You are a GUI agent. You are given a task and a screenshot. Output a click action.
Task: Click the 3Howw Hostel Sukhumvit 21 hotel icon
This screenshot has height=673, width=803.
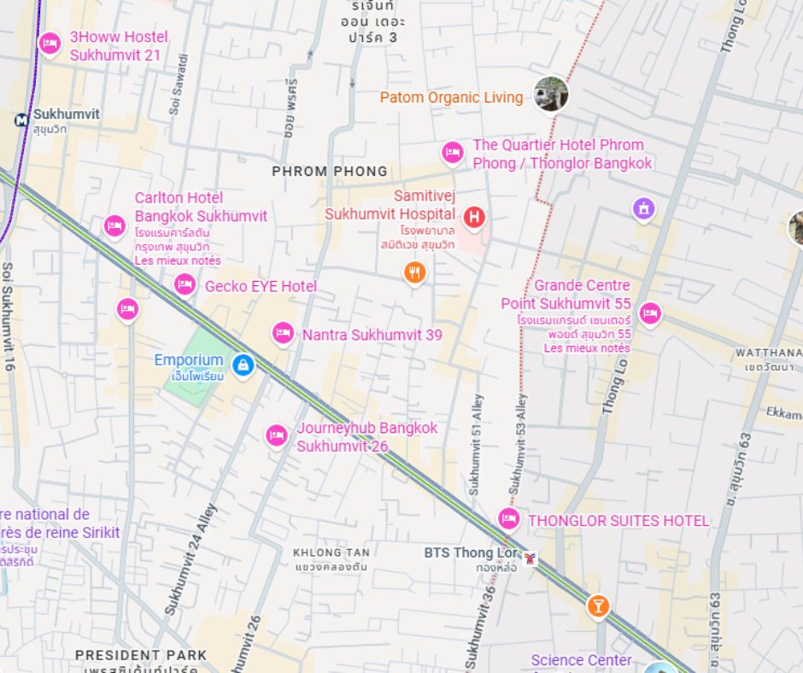[50, 44]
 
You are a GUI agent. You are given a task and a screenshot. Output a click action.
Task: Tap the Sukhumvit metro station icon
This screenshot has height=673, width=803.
[21, 120]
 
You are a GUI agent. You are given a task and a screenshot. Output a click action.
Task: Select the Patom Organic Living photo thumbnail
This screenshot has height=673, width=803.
[551, 94]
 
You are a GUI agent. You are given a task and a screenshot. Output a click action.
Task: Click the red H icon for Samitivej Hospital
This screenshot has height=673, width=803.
[474, 219]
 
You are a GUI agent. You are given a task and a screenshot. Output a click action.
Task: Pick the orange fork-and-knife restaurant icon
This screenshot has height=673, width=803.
[414, 272]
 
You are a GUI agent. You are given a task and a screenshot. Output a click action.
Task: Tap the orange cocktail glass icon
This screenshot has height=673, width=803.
[598, 606]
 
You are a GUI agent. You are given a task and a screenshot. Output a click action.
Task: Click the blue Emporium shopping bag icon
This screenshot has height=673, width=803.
[243, 366]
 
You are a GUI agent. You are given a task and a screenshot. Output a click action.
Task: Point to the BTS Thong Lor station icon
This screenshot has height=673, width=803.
[530, 559]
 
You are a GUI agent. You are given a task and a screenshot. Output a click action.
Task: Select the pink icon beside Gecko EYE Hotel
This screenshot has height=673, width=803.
[185, 285]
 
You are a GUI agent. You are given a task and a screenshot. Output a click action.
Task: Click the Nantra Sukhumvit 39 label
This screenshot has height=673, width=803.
[372, 335]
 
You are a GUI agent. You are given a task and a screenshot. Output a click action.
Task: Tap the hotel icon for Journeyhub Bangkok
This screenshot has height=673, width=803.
[276, 436]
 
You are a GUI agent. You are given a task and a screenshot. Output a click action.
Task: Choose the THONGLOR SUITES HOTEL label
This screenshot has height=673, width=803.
[618, 520]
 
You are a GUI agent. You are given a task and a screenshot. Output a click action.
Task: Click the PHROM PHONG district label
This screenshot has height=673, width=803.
[330, 172]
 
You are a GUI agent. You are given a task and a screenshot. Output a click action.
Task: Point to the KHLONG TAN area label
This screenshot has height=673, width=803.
[331, 553]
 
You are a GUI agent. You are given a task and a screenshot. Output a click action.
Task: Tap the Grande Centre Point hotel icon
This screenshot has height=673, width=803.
[650, 313]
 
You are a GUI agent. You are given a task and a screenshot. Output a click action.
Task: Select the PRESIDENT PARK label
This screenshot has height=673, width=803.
[141, 655]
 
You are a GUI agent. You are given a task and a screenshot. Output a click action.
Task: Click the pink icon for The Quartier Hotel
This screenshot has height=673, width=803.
[453, 153]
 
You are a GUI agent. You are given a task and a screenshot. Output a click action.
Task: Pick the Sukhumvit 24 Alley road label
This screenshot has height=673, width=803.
[190, 559]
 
